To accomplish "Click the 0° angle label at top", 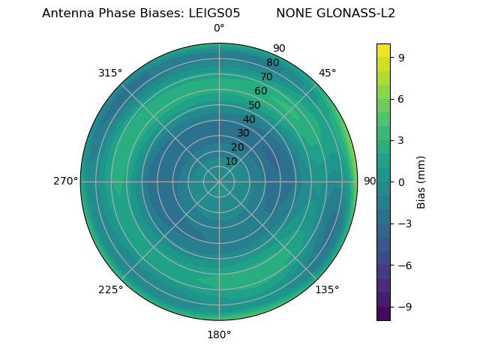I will tap(219, 28).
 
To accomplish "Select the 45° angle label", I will tap(327, 73).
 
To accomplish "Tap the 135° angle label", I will tap(327, 289).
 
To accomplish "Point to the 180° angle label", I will tap(219, 334).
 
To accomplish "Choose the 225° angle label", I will tap(110, 289).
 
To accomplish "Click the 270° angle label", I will tap(65, 181).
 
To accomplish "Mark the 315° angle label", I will tap(110, 73).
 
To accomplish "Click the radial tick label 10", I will tap(231, 161).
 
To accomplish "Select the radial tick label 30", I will tap(243, 133).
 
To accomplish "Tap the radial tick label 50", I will tap(255, 106).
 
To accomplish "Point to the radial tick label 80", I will tap(272, 63).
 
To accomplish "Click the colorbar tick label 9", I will tap(401, 57).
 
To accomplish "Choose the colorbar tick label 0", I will tap(401, 181).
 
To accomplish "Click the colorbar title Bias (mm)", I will tap(421, 181).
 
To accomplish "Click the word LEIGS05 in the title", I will tap(214, 13).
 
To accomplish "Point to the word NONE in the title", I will tap(292, 13).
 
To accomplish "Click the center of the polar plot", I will tap(219, 181).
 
